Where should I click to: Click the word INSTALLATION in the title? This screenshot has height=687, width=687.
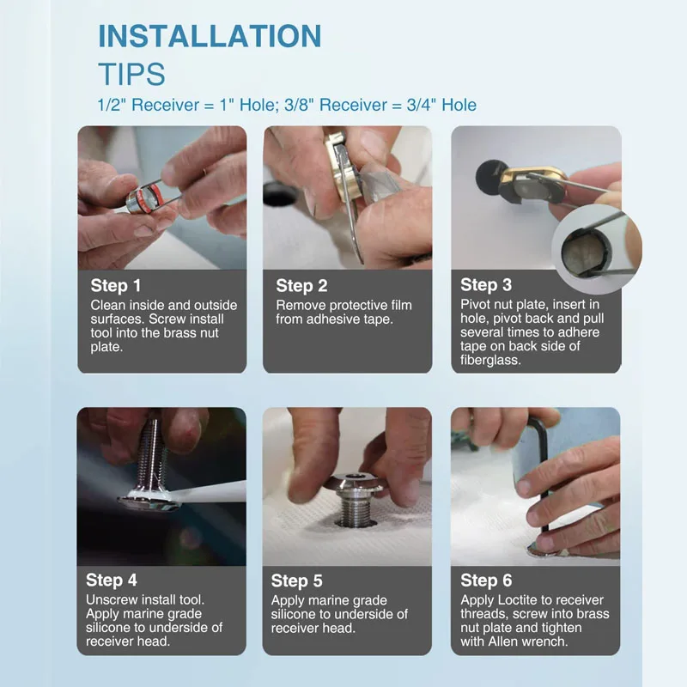pos(210,35)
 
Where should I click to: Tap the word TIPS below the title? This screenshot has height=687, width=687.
pos(132,74)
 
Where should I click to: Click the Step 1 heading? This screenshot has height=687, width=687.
pos(116,286)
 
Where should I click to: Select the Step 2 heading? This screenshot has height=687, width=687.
pos(301,286)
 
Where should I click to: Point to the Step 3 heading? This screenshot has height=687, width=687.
pos(486,285)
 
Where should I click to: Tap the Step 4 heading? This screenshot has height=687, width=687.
pos(112,581)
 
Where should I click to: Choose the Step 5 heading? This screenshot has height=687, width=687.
pos(296,581)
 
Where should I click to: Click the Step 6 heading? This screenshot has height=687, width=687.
pos(486,581)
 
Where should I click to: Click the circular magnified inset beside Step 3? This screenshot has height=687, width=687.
pos(597,248)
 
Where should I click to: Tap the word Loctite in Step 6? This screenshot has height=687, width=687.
pos(513,599)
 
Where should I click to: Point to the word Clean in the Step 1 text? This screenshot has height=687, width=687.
pos(106,306)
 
